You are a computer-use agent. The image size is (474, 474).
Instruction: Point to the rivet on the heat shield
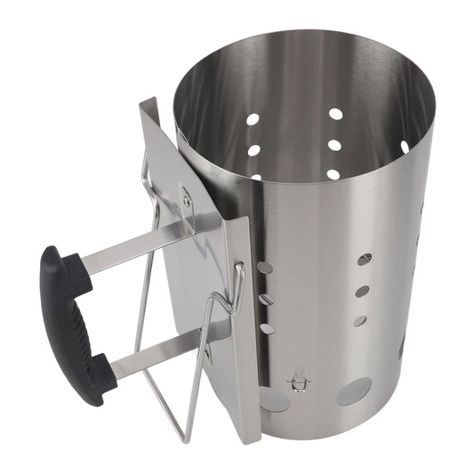click(x=186, y=201)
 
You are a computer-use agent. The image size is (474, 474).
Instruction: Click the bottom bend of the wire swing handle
click(x=181, y=436)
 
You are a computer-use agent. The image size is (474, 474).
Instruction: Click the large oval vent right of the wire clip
click(x=353, y=391)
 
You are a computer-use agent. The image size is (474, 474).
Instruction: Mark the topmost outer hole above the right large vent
click(x=365, y=260)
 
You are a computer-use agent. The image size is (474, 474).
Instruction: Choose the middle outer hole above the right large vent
click(x=362, y=290)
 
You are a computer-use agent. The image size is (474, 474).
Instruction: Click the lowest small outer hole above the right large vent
click(x=359, y=320)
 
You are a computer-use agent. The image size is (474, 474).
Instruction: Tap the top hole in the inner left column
click(x=253, y=118)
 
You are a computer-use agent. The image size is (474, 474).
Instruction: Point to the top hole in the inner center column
click(x=335, y=114)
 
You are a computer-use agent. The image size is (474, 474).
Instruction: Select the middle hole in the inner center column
click(x=334, y=144)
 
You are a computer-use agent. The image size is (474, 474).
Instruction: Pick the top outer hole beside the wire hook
click(x=263, y=267)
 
